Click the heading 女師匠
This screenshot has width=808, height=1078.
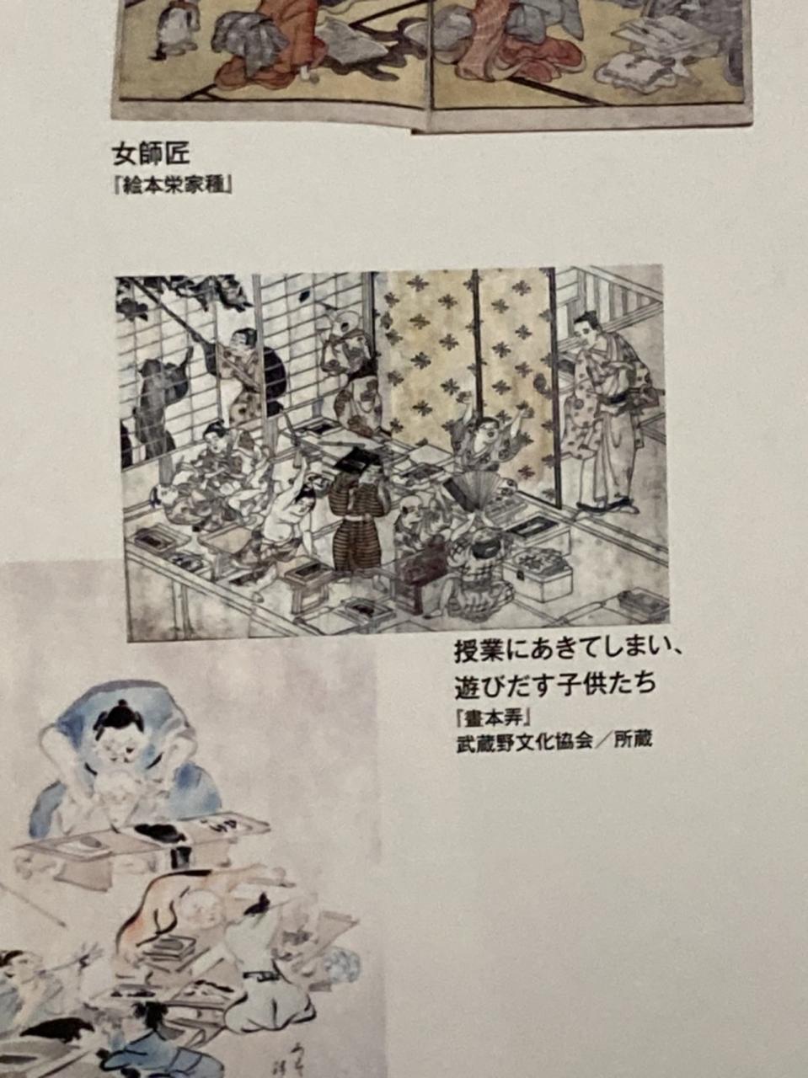151,154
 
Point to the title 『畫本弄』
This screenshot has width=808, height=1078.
493,718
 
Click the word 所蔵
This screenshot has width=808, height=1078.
633,740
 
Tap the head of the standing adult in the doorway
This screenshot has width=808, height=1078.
587,328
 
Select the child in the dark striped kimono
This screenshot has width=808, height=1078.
357,520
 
